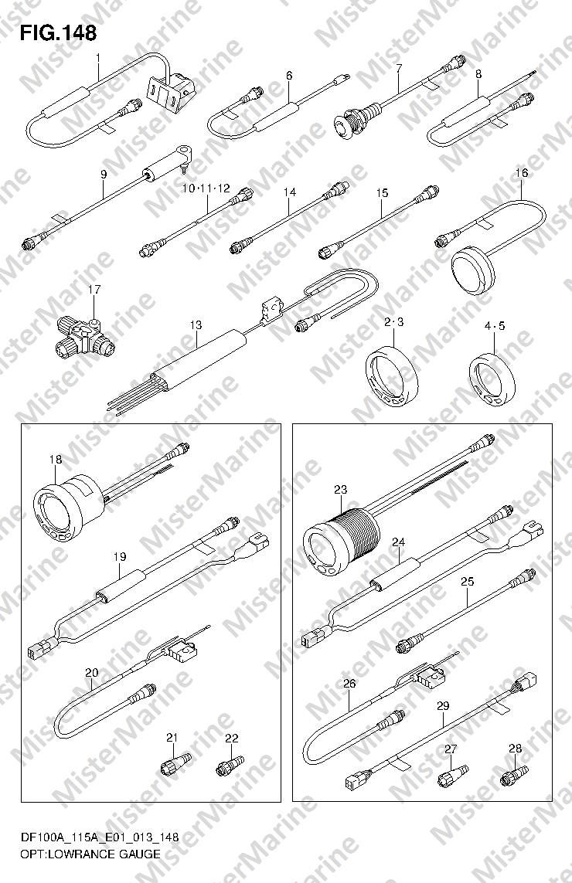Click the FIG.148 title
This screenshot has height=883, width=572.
tap(59, 33)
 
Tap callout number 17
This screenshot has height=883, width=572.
tap(94, 290)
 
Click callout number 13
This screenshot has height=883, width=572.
tap(196, 325)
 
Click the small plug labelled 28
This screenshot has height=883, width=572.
tap(515, 775)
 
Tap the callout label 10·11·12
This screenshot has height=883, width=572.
tap(206, 188)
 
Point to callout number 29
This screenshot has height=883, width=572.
tap(442, 705)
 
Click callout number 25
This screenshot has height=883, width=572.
tap(467, 581)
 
